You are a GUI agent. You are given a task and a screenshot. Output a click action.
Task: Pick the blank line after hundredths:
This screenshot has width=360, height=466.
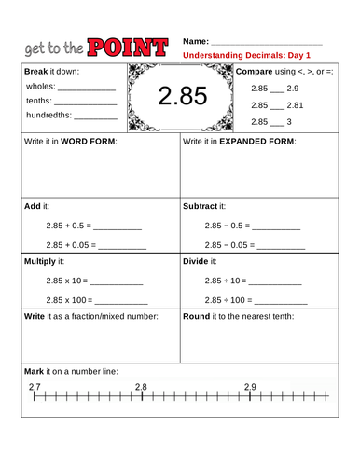(95, 118)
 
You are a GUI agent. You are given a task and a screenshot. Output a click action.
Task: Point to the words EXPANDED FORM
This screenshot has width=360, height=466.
(255, 143)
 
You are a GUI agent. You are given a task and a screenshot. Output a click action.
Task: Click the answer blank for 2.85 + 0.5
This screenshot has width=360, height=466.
(118, 228)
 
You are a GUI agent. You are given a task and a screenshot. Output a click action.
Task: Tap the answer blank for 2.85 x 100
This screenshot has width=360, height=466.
(122, 302)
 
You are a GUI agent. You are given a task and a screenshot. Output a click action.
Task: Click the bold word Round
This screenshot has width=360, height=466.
(196, 316)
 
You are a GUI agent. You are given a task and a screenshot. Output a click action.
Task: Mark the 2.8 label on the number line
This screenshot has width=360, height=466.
(141, 387)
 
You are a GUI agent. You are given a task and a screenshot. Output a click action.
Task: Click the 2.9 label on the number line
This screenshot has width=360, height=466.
(250, 387)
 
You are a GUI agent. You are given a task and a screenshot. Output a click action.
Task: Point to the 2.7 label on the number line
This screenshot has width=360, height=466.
(35, 387)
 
